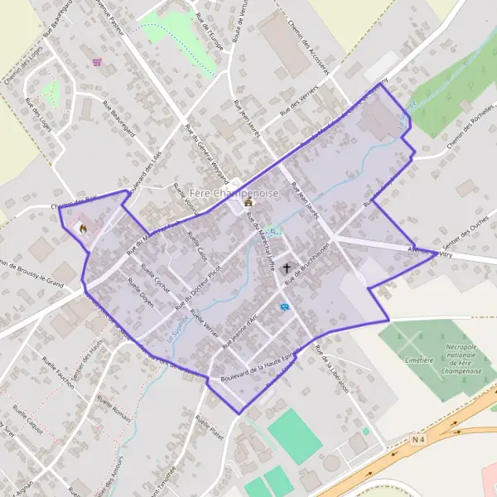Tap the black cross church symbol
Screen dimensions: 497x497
coord(287,268)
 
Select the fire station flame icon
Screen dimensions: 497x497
coord(83,228)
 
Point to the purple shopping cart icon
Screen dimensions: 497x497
coord(99,60)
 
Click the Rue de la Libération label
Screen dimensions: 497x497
coord(331,367)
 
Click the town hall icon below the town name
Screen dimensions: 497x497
coord(248,202)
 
